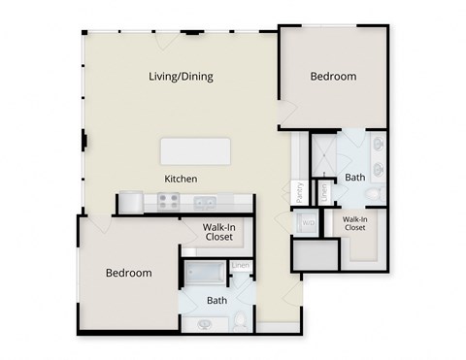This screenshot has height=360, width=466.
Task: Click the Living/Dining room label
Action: [181, 77]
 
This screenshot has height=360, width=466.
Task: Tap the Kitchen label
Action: [181, 179]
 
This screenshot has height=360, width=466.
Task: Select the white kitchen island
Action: [196, 150]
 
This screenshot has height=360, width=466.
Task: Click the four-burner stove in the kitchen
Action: [168, 203]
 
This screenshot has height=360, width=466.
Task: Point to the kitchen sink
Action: [204, 203]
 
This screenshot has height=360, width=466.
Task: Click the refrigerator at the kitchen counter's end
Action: [130, 203]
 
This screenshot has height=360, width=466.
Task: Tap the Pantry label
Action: [300, 191]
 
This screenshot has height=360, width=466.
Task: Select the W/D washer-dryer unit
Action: [309, 223]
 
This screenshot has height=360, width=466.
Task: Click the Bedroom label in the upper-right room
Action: [333, 77]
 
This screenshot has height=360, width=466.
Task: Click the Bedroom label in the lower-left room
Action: [128, 274]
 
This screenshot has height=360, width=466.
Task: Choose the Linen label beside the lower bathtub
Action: [241, 266]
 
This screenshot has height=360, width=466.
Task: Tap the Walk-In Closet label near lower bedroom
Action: [217, 231]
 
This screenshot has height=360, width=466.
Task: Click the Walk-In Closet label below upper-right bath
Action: [354, 224]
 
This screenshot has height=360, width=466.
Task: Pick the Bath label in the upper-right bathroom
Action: [354, 178]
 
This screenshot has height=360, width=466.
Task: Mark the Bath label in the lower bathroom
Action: [217, 300]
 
